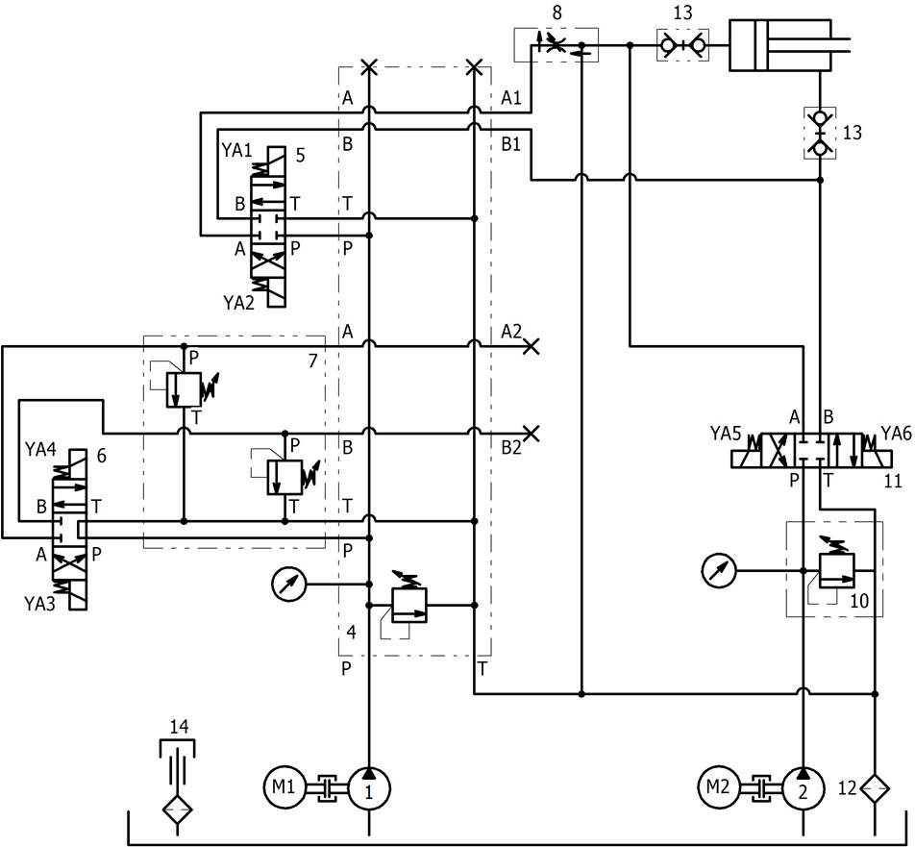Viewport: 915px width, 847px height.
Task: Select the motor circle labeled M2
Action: click(x=718, y=788)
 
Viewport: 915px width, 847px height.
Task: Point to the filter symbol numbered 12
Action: click(x=876, y=789)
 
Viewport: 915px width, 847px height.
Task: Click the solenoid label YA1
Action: click(x=236, y=150)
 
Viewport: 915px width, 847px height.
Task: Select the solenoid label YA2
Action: click(x=238, y=301)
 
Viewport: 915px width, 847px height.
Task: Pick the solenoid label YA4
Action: click(x=40, y=447)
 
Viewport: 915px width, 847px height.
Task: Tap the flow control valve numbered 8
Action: click(x=556, y=44)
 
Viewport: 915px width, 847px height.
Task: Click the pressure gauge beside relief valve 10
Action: click(x=717, y=571)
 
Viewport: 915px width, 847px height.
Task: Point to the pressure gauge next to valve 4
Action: click(x=287, y=583)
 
